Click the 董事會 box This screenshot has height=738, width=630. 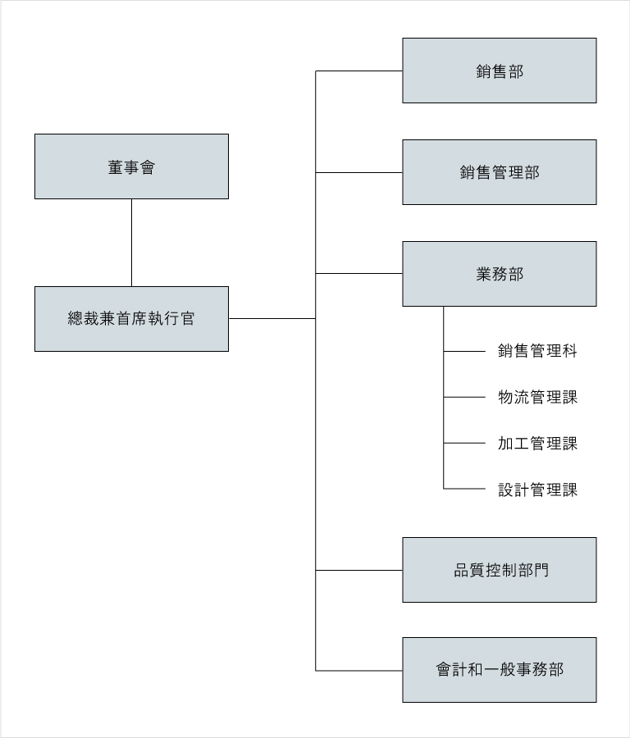(131, 166)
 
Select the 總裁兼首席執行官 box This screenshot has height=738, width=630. (131, 319)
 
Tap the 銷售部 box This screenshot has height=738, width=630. (499, 71)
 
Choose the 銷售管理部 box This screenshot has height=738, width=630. (499, 172)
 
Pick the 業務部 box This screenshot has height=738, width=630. (499, 274)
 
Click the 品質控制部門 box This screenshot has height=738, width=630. (499, 570)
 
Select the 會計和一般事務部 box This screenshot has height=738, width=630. (499, 670)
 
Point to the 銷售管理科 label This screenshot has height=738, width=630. (537, 351)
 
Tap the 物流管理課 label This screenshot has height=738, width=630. (537, 397)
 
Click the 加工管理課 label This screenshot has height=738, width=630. (537, 444)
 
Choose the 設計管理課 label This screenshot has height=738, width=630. (537, 490)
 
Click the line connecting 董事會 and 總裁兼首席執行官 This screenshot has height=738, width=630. (131, 243)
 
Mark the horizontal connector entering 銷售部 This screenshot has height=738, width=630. (358, 71)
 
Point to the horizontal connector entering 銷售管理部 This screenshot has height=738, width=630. (358, 173)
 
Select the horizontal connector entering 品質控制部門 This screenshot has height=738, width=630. (358, 571)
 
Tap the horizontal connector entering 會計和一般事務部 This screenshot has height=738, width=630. (358, 671)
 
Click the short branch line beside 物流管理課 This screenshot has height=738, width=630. (464, 397)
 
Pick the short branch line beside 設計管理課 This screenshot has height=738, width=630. (464, 489)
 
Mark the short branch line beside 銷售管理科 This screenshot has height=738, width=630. (464, 351)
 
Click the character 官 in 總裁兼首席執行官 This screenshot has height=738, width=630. (187, 319)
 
